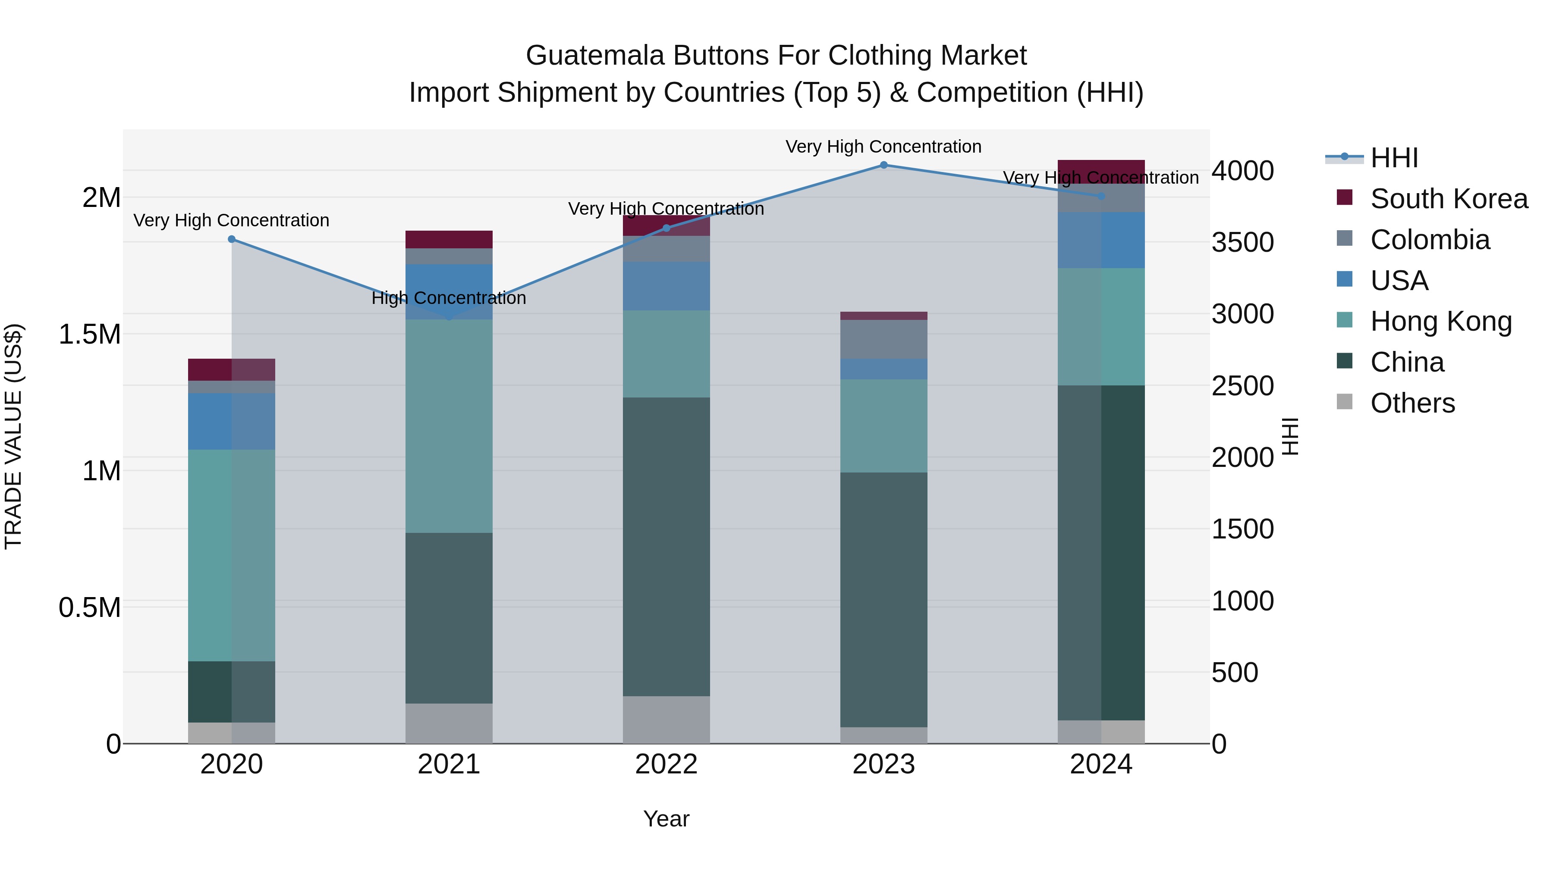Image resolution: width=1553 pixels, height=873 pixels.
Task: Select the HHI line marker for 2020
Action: pos(232,239)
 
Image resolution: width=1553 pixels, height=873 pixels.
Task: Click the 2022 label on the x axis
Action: pos(666,764)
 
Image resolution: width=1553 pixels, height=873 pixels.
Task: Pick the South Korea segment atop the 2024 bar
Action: pos(1101,171)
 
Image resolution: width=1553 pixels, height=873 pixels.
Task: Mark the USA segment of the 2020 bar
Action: pos(232,421)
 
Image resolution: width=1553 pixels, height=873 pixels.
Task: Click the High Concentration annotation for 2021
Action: pos(449,298)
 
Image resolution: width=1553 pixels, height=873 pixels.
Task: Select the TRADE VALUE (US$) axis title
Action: pos(13,436)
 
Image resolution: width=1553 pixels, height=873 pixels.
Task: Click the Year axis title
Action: pos(666,819)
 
